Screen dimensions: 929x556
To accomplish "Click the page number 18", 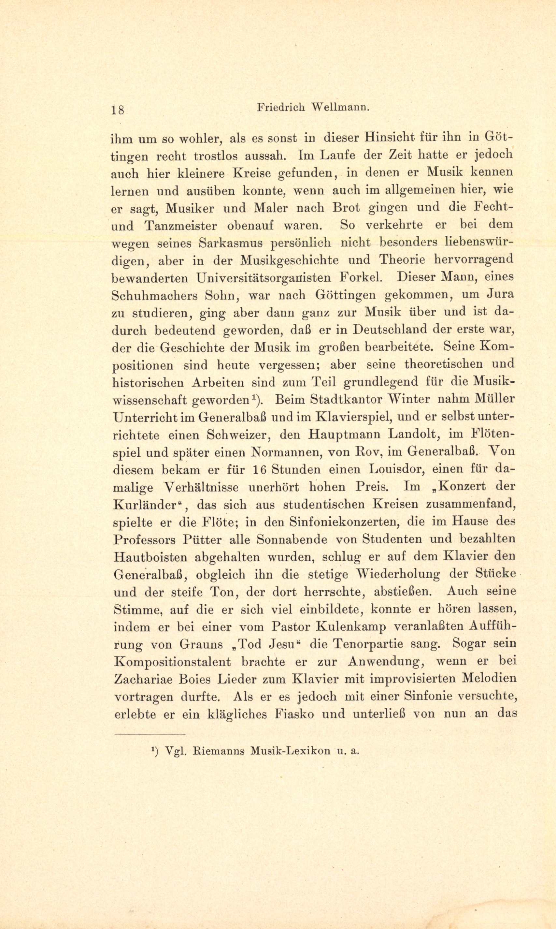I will [x=117, y=110].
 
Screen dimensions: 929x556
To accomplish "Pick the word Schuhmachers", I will [x=154, y=295].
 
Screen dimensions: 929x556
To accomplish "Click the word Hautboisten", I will [x=150, y=557].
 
